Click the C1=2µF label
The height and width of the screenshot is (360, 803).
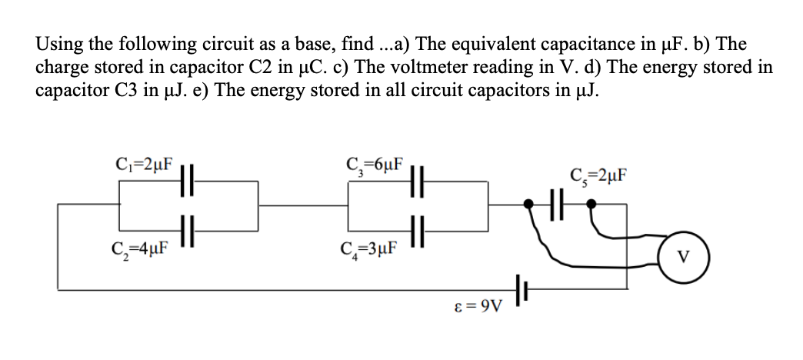pos(143,164)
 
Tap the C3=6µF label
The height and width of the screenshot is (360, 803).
pos(376,164)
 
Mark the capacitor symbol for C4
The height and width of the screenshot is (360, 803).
pos(416,228)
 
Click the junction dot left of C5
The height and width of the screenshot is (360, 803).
pos(528,205)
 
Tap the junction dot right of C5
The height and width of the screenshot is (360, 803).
pos(591,205)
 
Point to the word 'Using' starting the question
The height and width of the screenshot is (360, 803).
pos(56,45)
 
